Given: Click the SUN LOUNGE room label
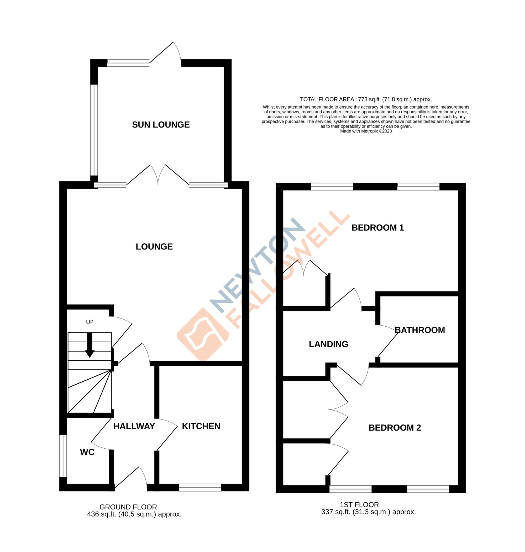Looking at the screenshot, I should point(161,125).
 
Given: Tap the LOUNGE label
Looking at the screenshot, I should point(154,247).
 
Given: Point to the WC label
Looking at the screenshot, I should point(87,452).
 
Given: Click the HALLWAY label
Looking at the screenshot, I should point(134,426).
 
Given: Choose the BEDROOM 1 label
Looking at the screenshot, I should point(377,228).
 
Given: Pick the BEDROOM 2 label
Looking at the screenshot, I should point(395,428).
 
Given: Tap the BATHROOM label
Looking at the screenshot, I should point(419,330).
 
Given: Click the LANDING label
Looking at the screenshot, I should point(328,344).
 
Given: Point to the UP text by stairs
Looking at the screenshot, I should point(90,322).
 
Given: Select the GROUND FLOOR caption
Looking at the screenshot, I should point(128,507).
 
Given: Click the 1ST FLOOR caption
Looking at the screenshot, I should point(359,505).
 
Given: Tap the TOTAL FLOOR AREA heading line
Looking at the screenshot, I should point(366,99).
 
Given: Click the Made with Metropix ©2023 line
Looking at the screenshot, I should point(366,131).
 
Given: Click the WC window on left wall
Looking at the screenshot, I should point(63,456).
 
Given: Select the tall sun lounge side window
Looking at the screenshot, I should point(94,130).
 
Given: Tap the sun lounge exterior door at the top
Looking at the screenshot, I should point(165,53).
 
